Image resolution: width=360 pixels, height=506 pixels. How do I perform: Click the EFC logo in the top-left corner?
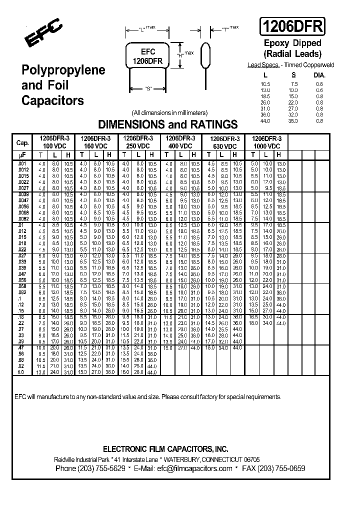44,32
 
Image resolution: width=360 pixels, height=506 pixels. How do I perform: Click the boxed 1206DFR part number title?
292,26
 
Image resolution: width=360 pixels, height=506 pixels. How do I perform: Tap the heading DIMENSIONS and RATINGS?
167,124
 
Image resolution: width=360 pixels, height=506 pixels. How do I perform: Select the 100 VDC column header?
53,145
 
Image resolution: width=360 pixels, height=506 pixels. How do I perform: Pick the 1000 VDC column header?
266,145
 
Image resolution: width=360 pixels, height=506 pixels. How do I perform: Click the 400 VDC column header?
179,145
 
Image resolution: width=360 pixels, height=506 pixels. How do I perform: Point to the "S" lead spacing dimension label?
148,89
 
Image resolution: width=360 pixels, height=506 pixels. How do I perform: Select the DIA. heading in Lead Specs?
319,74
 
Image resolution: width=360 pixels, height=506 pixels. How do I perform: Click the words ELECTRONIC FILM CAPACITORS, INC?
165,448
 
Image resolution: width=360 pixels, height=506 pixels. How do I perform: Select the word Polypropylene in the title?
63,70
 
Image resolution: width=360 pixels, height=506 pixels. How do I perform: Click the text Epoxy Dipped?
292,43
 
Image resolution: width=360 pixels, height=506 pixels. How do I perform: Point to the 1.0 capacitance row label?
21,372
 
